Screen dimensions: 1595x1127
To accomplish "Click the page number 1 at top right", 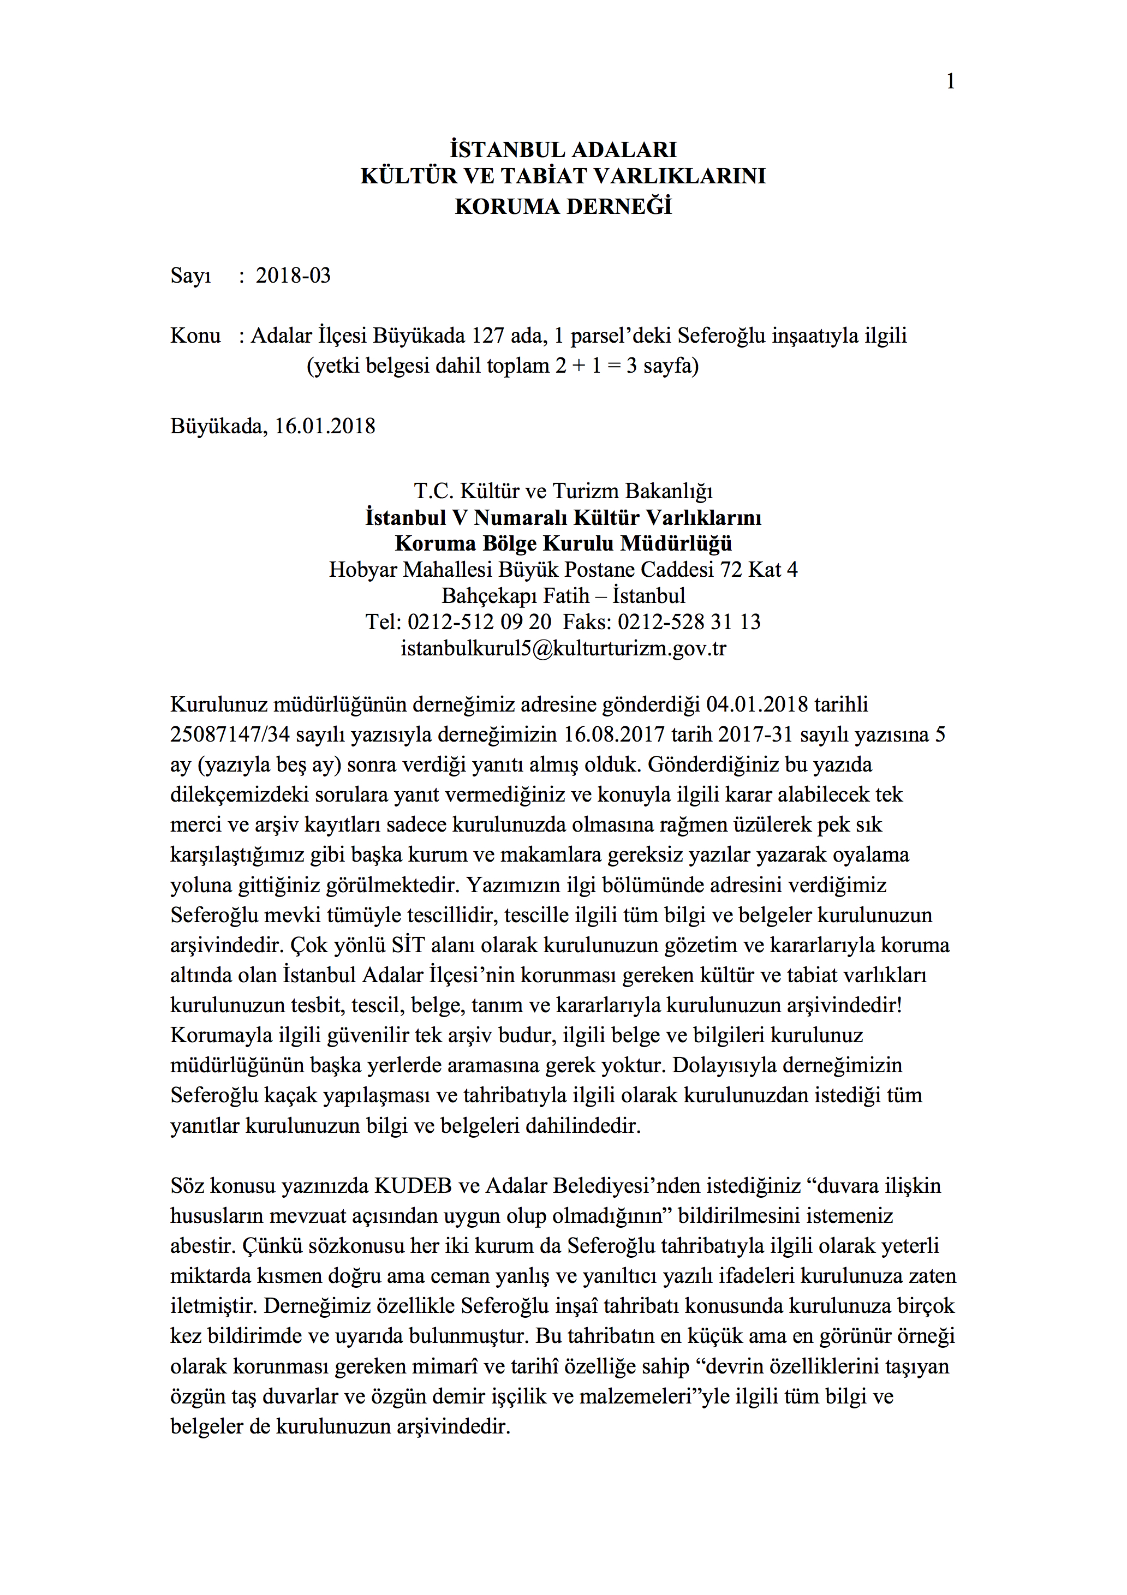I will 950,82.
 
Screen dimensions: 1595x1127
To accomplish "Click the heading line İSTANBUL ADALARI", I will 563,150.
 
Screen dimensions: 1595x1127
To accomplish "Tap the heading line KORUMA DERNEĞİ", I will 563,206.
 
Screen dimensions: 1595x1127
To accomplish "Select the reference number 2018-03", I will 293,276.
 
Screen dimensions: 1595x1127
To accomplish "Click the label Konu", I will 195,336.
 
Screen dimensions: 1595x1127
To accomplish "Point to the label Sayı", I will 190,276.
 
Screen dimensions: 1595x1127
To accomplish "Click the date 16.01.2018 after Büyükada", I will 325,426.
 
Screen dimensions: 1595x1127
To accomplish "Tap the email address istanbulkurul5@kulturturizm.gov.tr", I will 563,648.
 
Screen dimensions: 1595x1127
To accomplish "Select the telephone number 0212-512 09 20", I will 479,622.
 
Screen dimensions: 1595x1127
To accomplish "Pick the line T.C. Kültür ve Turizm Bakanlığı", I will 563,491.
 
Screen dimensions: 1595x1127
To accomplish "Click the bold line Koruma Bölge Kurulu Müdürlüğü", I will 563,543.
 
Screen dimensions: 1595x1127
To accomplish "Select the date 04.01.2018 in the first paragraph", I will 756,704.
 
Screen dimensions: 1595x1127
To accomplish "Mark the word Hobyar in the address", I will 363,570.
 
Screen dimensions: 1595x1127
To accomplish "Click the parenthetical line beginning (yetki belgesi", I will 502,366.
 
